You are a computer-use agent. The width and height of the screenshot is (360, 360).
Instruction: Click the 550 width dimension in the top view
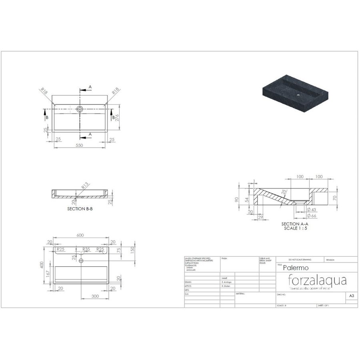point(80,145)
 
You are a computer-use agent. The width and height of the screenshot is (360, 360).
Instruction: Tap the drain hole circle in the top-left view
point(80,108)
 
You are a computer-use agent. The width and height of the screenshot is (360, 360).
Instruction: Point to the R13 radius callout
point(85,186)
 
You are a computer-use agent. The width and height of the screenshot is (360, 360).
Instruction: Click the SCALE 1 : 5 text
point(295,228)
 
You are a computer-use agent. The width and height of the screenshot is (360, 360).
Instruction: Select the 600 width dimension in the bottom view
point(81,236)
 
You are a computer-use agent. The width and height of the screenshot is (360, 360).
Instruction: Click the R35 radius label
point(86,249)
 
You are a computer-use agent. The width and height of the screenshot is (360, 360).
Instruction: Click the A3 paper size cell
point(351,296)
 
